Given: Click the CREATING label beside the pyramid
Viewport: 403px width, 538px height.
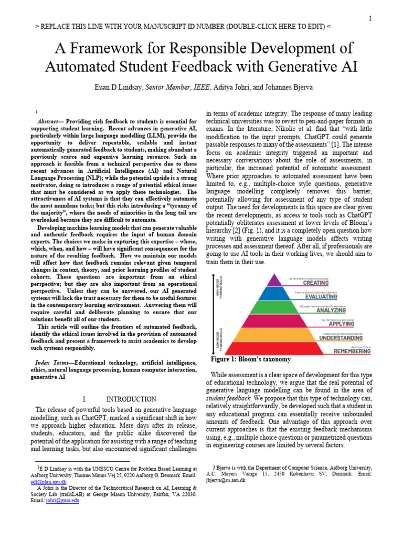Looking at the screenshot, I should (x=326, y=282).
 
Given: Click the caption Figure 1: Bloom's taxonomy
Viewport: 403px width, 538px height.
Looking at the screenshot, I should (x=250, y=359).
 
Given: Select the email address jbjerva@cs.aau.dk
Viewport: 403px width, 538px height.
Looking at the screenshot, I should (x=226, y=480).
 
